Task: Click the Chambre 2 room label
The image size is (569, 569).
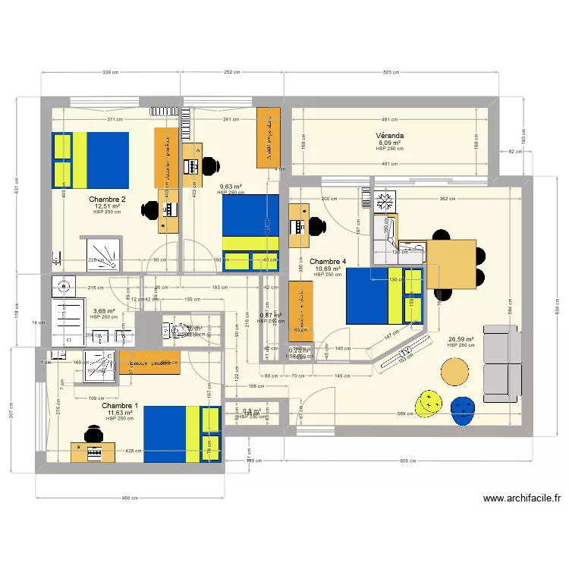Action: point(107,200)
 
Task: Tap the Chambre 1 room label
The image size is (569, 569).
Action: point(119,406)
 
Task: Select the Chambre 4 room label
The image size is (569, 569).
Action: point(328,262)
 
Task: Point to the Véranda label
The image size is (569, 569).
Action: point(390,136)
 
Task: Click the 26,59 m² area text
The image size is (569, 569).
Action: point(461,340)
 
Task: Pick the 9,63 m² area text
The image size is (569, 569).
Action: point(231,187)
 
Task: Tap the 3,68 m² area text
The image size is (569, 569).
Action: point(103,311)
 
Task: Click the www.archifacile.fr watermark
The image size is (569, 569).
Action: point(521,498)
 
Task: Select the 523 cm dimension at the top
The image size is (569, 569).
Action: point(391,73)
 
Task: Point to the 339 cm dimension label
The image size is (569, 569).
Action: point(111,73)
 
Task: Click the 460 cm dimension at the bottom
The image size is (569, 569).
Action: point(130,498)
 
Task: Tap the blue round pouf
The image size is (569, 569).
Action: point(463,410)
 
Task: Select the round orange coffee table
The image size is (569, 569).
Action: point(455,371)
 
